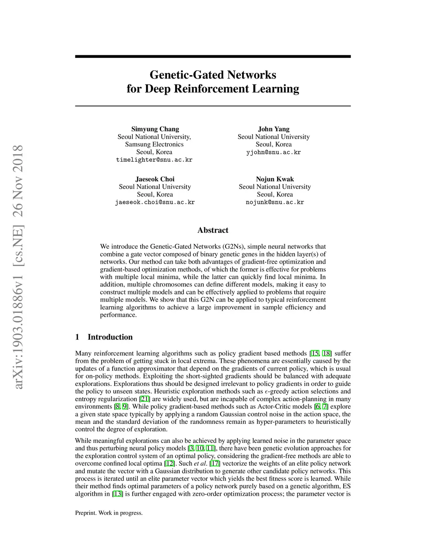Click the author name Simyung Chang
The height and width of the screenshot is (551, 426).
coord(155,129)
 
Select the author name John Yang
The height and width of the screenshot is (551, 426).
coord(274,129)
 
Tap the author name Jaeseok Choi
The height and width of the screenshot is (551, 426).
coord(155,179)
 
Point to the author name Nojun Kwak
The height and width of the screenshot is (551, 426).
coord(275,179)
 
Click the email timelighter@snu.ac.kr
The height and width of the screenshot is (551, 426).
coord(154,160)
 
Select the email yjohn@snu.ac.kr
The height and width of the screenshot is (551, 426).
coord(274,152)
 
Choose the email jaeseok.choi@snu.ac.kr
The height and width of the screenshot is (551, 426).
coord(155,202)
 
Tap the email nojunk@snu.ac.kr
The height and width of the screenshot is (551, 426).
coord(275,202)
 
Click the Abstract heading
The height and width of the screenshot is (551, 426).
coord(213,230)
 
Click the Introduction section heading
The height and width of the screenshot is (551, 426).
coord(110,337)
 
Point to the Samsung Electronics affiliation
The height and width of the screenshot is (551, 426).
coord(154,144)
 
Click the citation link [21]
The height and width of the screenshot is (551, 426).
coord(145,399)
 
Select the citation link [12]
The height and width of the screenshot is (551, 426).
coord(169,463)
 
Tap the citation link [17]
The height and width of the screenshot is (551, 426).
coord(215,463)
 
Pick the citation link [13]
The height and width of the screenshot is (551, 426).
coord(118,494)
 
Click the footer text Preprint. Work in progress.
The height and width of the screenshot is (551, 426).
coord(109,513)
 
